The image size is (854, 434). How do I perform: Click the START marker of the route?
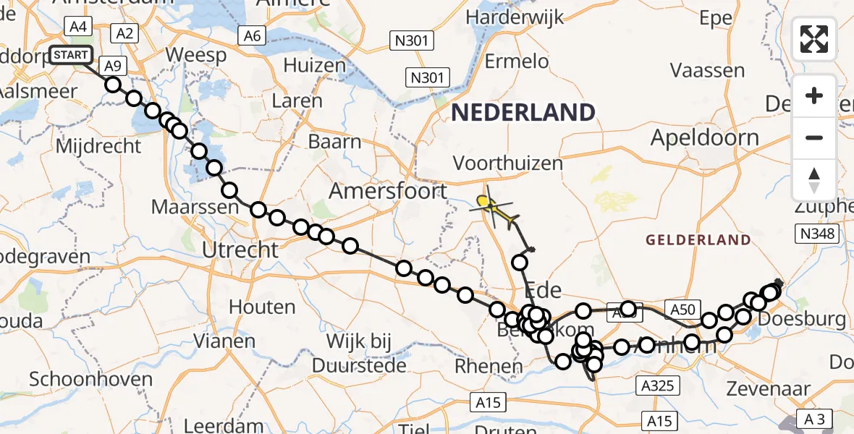71,55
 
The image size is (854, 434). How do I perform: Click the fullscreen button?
814,39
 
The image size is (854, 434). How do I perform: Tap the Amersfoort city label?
388,192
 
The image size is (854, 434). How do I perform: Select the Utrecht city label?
240,250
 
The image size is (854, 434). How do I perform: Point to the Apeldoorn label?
705,137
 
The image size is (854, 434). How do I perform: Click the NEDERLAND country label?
523,112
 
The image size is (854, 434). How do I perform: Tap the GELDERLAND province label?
698,239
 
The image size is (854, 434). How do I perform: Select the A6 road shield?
251,35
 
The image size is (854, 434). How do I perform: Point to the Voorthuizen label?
507,163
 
